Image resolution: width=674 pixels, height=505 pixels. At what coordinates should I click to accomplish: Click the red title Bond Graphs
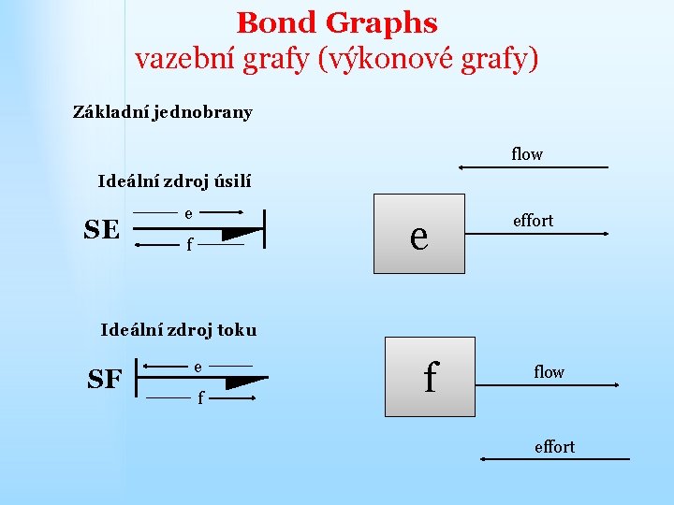337,22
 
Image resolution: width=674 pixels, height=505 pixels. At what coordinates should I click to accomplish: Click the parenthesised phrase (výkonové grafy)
429,60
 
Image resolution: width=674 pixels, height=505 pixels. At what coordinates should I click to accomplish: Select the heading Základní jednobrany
163,112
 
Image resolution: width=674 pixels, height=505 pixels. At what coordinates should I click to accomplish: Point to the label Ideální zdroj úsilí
175,181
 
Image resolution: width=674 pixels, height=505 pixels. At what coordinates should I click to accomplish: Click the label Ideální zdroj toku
178,329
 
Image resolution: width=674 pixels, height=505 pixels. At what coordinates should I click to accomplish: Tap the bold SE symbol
101,229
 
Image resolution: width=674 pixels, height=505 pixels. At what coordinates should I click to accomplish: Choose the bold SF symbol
105,379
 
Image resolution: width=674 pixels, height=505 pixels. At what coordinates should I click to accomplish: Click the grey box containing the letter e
419,234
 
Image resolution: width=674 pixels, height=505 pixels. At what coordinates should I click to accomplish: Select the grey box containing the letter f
431,376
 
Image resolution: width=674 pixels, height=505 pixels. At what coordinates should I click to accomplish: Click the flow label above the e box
527,154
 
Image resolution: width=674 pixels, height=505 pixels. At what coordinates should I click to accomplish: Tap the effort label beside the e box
533,221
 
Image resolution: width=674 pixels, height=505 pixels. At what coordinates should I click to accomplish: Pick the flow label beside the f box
549,372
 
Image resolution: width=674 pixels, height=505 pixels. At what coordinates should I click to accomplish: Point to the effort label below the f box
554,447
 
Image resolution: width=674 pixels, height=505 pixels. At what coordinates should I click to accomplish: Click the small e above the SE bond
188,213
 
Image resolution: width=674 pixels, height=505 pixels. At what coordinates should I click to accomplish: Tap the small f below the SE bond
189,247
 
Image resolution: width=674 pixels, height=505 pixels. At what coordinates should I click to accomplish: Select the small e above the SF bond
198,366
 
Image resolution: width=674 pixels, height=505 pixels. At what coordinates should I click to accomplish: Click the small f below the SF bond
199,399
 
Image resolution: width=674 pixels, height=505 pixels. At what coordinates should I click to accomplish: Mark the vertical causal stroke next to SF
138,379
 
